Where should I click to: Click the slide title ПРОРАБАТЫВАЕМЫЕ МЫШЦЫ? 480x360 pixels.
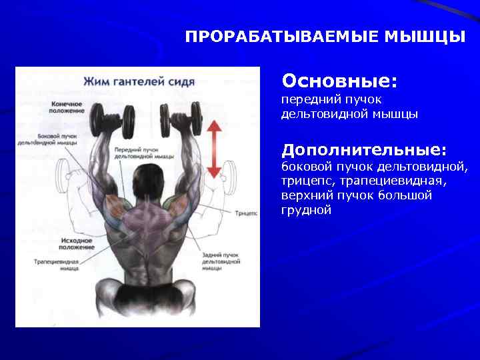click(x=325, y=36)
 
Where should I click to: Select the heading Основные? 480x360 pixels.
click(x=339, y=81)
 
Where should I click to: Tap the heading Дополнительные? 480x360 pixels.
click(x=363, y=148)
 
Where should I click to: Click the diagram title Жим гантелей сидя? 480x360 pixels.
click(x=139, y=82)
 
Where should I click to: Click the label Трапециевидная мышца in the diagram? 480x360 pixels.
click(x=57, y=266)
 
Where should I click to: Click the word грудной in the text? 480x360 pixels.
click(x=306, y=210)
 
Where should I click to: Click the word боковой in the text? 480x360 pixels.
click(x=305, y=166)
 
